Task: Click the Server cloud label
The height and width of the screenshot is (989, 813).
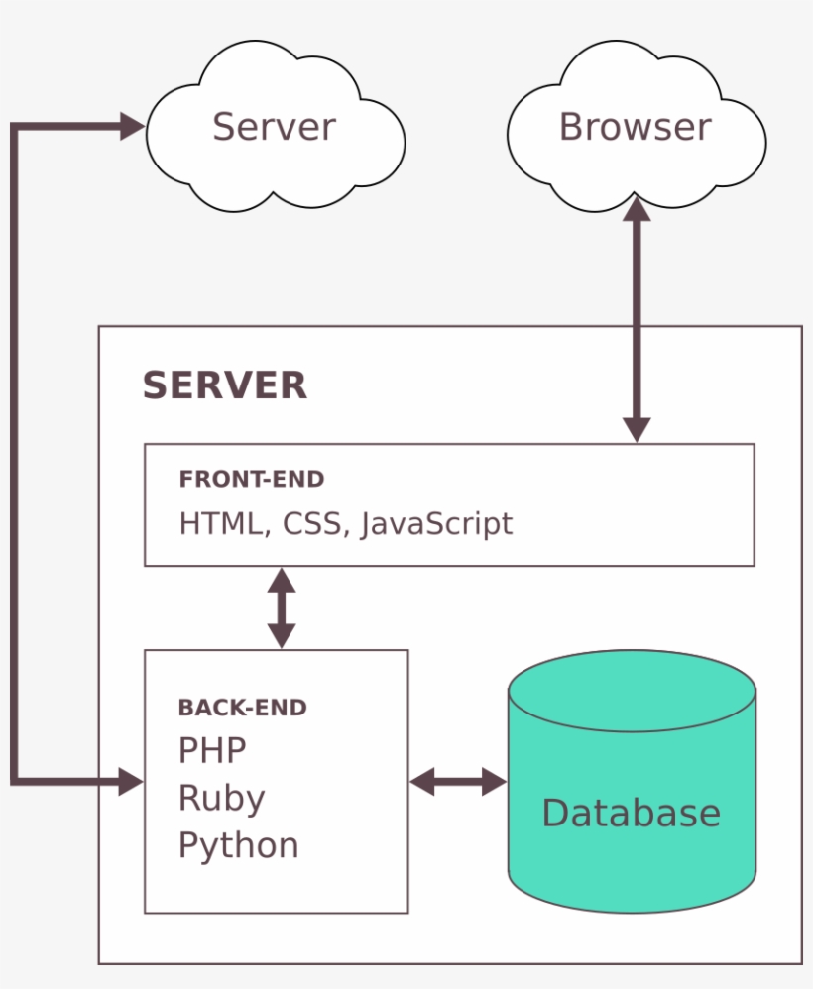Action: coord(275,127)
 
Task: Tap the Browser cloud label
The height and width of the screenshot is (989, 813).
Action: coord(635,127)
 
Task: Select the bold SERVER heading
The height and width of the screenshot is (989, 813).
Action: coord(225,385)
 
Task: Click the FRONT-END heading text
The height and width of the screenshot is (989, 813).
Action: coord(252,480)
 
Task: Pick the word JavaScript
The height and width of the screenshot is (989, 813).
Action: coord(436,523)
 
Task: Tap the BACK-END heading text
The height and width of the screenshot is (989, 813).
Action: coord(243,708)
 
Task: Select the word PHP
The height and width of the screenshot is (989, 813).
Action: coord(212,750)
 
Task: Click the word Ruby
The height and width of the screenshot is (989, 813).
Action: coord(222,798)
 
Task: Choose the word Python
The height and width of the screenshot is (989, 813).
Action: coord(239,845)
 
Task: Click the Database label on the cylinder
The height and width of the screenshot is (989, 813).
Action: coord(631,813)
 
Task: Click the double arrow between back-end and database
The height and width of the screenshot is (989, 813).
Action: coord(458,781)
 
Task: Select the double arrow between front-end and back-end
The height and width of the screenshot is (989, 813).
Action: coord(283,607)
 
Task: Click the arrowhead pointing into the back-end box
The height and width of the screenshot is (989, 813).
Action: coord(132,781)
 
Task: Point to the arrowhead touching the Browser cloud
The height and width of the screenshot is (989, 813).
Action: coord(637,208)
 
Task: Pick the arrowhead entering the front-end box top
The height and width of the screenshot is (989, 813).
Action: coord(637,429)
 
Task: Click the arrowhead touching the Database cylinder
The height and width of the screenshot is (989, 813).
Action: coord(494,781)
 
